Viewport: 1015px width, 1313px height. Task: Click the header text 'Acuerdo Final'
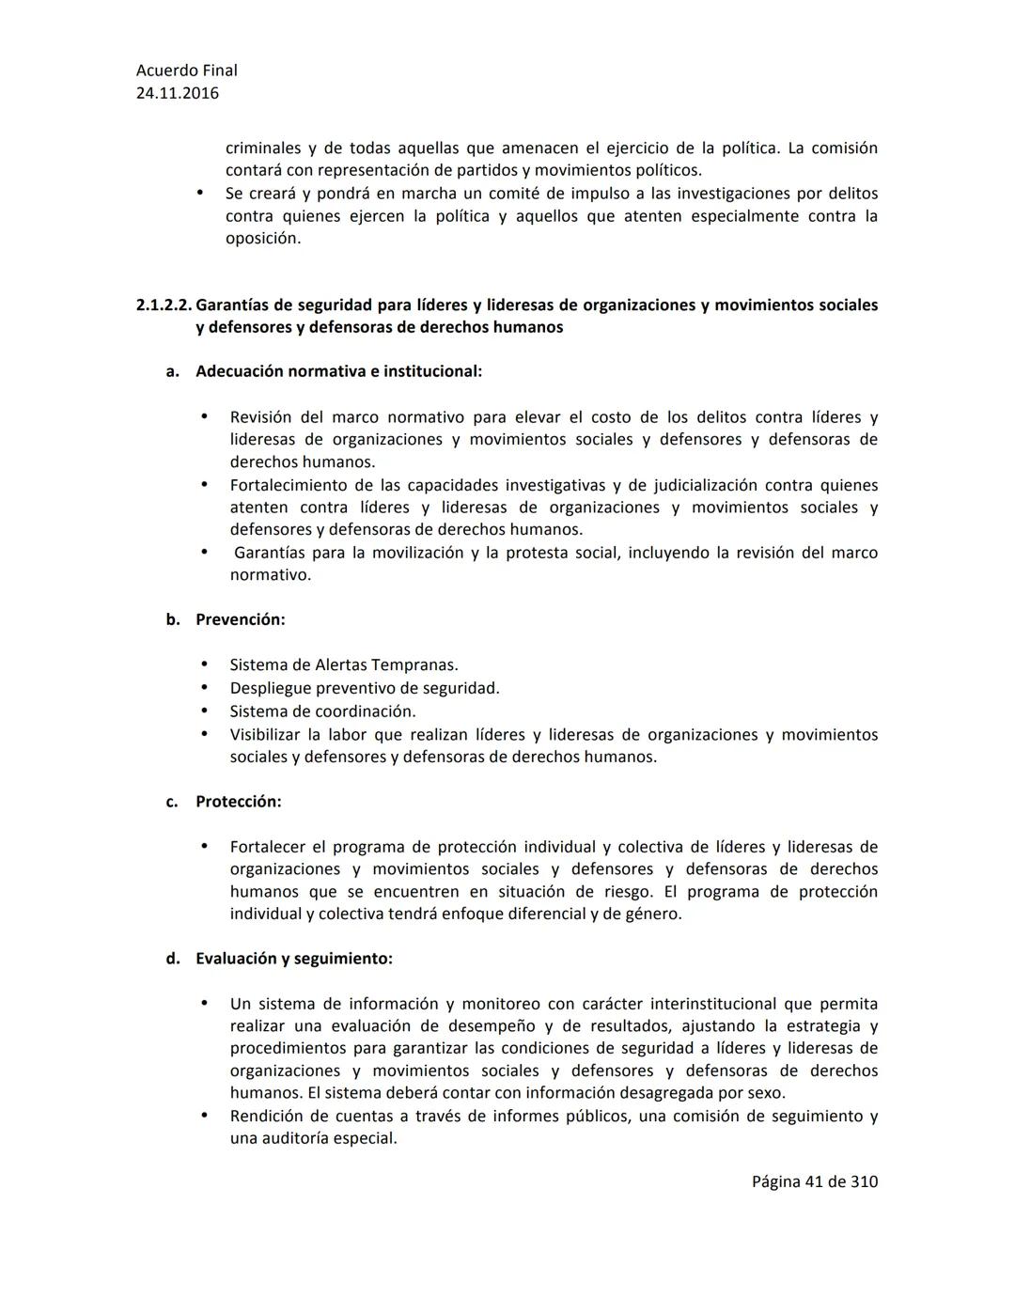186,70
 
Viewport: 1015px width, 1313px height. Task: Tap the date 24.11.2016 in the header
177,93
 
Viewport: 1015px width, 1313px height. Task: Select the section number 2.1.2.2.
164,305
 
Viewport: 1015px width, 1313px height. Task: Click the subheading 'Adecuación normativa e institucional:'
338,371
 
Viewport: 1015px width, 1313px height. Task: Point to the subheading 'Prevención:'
240,619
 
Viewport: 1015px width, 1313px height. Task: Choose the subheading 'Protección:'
238,802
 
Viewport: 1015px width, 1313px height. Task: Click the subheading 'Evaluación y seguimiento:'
293,959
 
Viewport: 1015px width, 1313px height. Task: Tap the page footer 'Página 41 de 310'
814,1181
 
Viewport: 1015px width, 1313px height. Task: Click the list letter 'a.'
172,371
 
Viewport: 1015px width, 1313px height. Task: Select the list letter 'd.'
172,959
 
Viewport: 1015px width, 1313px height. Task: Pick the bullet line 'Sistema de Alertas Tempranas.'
344,665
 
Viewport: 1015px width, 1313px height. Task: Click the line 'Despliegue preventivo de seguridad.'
365,688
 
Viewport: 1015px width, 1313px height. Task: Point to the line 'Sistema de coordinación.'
322,711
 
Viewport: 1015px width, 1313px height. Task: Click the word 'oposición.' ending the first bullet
263,239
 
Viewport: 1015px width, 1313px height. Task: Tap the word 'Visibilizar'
266,735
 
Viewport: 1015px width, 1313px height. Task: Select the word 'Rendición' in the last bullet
266,1117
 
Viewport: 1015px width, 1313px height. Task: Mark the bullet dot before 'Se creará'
200,194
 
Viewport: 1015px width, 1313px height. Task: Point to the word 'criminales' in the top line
263,148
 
